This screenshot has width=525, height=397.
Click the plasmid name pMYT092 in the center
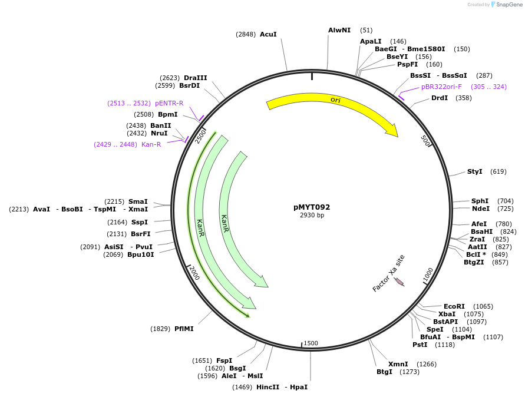click(312, 207)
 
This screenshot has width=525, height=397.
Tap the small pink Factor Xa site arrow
click(399, 282)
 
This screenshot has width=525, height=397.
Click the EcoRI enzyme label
click(454, 306)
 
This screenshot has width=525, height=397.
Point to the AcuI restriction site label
click(268, 34)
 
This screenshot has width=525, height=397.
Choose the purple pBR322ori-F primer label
click(441, 87)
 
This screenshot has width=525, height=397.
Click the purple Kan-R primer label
click(151, 144)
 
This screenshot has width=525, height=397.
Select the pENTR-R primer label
click(169, 103)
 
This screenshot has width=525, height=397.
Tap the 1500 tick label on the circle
click(311, 343)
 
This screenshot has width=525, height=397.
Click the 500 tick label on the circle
click(425, 141)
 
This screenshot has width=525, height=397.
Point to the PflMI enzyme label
click(184, 329)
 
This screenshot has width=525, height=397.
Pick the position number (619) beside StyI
click(498, 171)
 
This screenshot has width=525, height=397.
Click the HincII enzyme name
click(268, 387)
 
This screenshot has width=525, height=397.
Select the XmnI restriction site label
click(398, 364)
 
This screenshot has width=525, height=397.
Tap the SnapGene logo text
click(509, 5)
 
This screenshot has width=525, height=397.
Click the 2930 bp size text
click(312, 215)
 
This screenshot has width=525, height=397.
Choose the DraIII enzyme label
click(196, 78)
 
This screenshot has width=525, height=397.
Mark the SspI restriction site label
click(139, 222)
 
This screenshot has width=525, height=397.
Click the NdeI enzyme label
click(481, 209)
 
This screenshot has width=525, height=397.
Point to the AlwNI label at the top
click(339, 30)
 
